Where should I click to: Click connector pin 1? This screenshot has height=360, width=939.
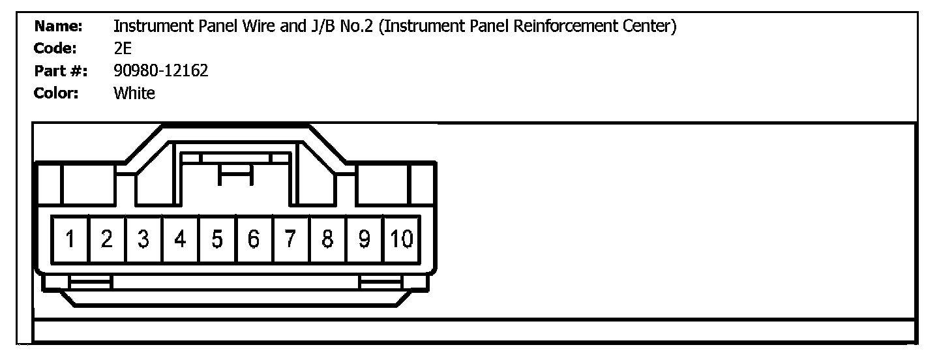[70, 239]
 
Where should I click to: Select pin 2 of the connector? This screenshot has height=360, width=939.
[108, 239]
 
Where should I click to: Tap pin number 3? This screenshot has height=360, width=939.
[144, 239]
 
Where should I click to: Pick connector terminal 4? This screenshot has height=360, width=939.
[181, 239]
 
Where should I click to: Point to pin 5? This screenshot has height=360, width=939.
[218, 239]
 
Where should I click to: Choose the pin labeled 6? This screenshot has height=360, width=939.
[254, 239]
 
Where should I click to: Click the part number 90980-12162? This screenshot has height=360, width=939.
[160, 71]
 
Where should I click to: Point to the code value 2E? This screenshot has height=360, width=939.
[123, 49]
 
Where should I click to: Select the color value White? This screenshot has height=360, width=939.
[134, 93]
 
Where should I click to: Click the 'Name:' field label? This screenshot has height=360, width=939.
[58, 27]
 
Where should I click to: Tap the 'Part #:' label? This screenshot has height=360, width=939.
[61, 71]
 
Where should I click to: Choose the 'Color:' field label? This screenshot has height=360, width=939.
[56, 93]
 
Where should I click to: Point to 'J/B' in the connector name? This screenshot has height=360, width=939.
[317, 27]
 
